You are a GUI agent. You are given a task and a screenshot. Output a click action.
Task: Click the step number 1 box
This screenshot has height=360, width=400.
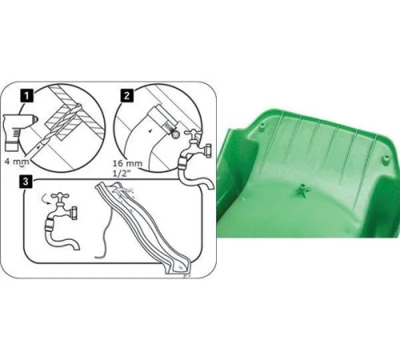[x=26, y=96]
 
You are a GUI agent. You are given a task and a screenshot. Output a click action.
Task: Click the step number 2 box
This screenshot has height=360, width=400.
[x=126, y=95]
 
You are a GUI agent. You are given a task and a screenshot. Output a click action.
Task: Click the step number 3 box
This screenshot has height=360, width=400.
[x=26, y=182]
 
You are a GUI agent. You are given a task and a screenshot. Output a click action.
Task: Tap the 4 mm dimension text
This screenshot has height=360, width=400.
[x=17, y=162]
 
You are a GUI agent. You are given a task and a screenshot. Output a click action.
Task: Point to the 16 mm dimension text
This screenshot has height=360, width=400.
[x=128, y=163]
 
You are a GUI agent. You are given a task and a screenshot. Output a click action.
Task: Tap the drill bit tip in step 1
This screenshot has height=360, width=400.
[x=79, y=106]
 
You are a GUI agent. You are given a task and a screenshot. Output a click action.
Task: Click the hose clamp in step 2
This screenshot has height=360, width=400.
[x=170, y=128]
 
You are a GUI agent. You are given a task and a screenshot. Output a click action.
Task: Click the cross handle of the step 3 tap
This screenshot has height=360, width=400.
[x=60, y=196]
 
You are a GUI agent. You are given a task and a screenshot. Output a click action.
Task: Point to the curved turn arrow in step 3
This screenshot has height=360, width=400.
[x=46, y=199]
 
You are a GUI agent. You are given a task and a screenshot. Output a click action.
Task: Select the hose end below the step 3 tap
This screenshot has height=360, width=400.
[x=77, y=246]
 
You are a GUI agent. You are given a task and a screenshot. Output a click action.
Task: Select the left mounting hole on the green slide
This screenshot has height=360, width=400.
[x=262, y=125]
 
